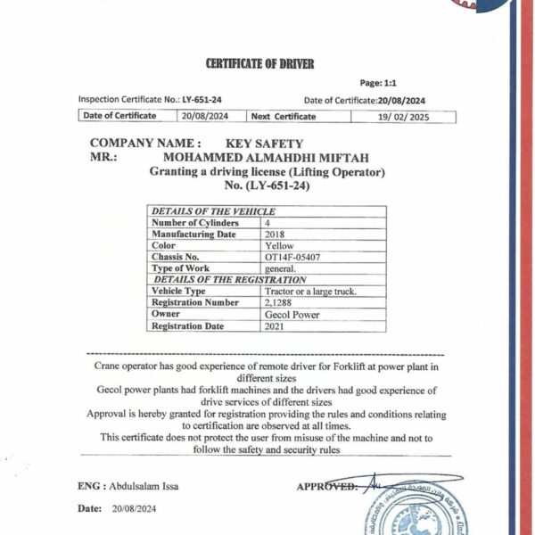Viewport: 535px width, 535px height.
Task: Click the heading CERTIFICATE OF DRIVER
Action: (259, 63)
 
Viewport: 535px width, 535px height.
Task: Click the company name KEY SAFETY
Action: (265, 144)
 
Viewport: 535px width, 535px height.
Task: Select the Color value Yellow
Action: (279, 245)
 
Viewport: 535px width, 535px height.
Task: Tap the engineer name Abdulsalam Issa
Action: (144, 486)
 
